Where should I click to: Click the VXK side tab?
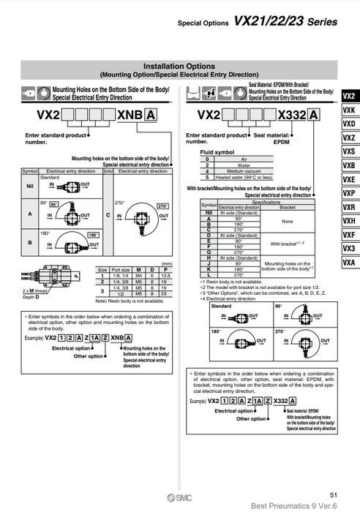pos(349,110)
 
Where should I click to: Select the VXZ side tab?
pos(349,138)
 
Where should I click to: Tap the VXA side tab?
pos(349,262)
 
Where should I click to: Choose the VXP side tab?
pos(349,193)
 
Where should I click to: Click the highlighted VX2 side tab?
pos(349,96)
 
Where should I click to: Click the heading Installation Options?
pos(179,66)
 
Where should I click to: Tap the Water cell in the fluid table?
pos(244,166)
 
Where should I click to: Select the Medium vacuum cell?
pos(244,171)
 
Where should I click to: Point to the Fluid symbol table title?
pos(218,151)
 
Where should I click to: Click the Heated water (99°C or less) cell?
pos(244,177)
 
